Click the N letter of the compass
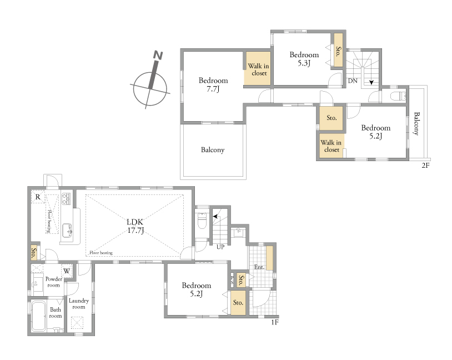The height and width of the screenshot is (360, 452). tap(158, 55)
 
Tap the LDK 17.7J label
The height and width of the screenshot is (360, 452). tap(135, 226)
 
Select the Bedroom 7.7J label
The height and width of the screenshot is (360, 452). tap(213, 84)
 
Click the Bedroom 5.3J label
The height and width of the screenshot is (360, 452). tap(304, 58)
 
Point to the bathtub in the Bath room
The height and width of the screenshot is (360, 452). tap(38, 316)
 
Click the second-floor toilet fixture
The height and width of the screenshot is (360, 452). tap(398, 96)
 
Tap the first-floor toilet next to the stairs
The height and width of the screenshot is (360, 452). tap(202, 220)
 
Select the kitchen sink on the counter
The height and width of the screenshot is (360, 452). tap(67, 230)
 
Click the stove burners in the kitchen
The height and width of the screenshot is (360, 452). tap(66, 199)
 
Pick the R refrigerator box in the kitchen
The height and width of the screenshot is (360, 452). tap(38, 197)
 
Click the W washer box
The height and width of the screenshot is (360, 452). tap(67, 271)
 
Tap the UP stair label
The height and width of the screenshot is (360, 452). tap(220, 247)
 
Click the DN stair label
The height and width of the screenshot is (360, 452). tap(353, 81)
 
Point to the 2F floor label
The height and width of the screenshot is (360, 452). tap(426, 166)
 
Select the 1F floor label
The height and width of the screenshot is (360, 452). tap(275, 322)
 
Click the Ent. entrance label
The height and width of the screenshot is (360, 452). tap(259, 267)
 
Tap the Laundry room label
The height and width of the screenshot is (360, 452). tap(79, 304)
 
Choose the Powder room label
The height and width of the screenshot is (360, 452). tap(54, 282)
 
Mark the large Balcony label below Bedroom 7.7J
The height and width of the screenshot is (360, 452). tap(213, 150)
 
